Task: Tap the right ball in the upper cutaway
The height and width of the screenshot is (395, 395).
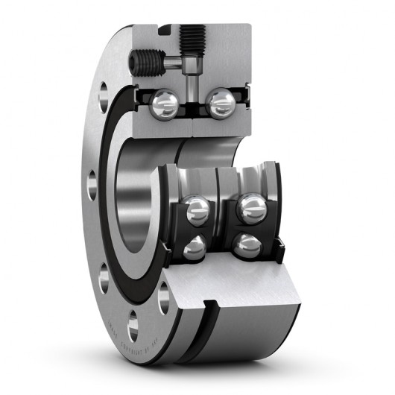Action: pos(221,104)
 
